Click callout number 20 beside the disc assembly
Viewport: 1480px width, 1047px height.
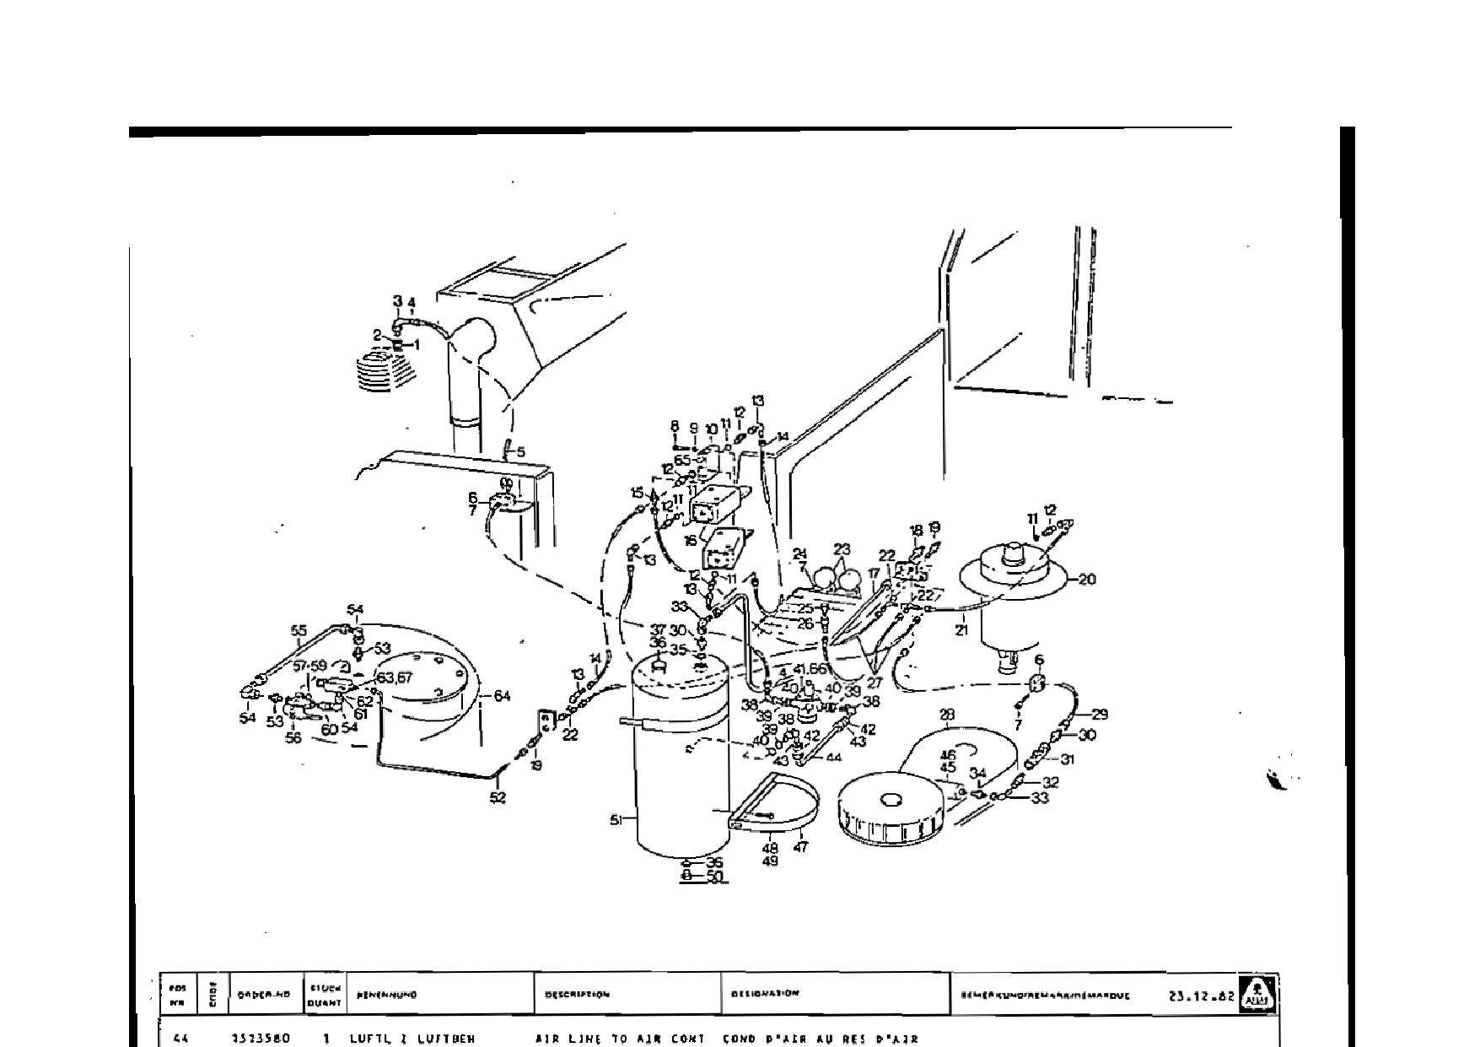[1087, 580]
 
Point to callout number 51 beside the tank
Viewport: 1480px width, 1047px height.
[616, 819]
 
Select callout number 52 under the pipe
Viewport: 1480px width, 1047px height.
[498, 797]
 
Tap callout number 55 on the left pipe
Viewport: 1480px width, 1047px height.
[299, 630]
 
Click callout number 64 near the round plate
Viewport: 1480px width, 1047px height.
[502, 696]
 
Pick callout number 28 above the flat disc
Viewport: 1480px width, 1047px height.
[947, 715]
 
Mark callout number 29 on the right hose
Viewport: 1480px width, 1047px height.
[1099, 715]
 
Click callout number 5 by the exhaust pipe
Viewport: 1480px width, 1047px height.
[520, 452]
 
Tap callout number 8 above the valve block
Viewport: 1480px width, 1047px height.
[675, 427]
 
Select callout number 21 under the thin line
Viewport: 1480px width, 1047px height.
[962, 630]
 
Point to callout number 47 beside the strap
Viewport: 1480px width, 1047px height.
[800, 847]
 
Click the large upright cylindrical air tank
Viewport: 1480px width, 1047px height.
[681, 759]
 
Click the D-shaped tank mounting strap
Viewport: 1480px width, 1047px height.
[776, 801]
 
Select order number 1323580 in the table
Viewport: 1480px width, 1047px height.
[261, 1039]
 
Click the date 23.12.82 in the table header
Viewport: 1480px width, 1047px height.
[1202, 996]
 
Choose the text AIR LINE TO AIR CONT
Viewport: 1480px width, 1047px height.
[620, 1039]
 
